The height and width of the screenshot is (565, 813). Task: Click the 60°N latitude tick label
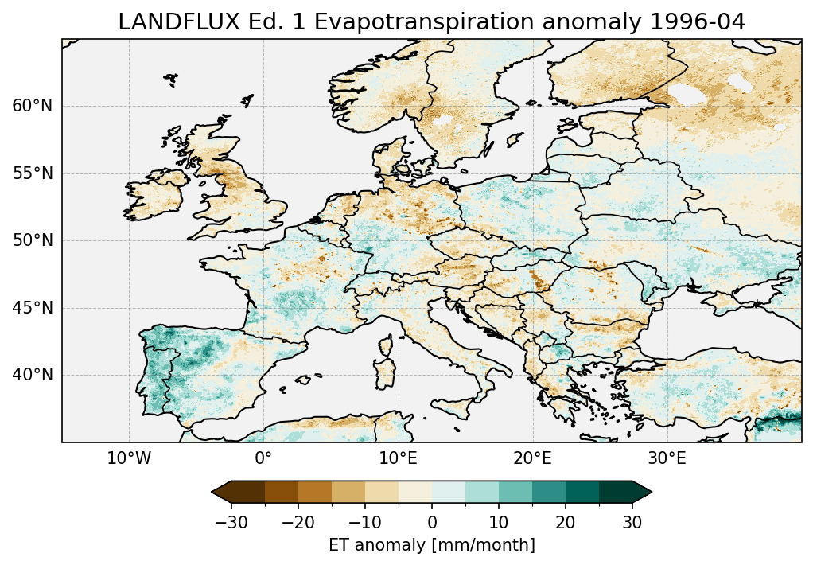pyautogui.click(x=33, y=107)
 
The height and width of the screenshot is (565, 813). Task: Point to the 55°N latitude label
pyautogui.click(x=33, y=173)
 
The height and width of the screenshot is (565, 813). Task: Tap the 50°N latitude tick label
pyautogui.click(x=33, y=240)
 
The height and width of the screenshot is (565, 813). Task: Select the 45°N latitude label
pyautogui.click(x=33, y=308)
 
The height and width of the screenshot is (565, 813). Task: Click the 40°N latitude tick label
pyautogui.click(x=33, y=375)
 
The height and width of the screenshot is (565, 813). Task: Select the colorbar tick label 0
pyautogui.click(x=432, y=522)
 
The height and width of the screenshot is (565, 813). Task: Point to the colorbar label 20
pyautogui.click(x=566, y=522)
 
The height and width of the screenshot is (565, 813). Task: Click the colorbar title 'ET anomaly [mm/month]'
pyautogui.click(x=432, y=545)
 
